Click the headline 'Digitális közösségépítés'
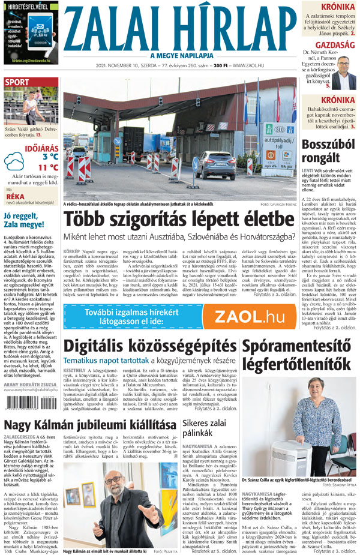[x=149, y=347]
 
